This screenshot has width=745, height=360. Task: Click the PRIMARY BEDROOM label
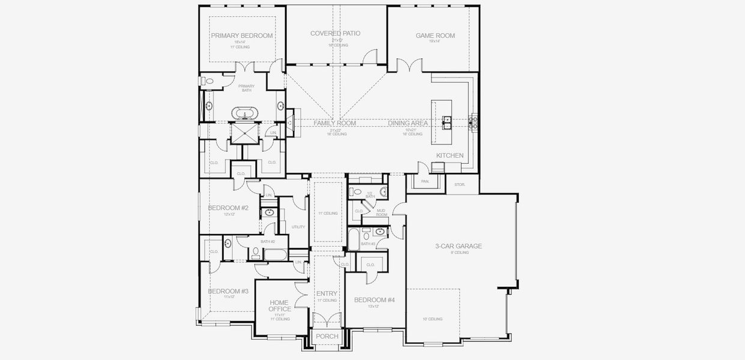pyautogui.click(x=241, y=35)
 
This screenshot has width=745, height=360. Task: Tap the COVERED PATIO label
pyautogui.click(x=335, y=33)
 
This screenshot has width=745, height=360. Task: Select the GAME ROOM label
pyautogui.click(x=435, y=35)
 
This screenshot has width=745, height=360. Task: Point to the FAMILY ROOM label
pyautogui.click(x=334, y=123)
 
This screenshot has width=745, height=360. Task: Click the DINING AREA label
pyautogui.click(x=408, y=123)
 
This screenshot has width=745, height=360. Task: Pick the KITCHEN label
pyautogui.click(x=450, y=155)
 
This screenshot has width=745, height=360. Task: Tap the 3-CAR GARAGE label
pyautogui.click(x=459, y=246)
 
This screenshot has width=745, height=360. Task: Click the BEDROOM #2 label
pyautogui.click(x=228, y=208)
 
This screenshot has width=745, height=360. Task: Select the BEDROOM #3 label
pyautogui.click(x=228, y=291)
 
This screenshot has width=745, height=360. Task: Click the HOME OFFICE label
pyautogui.click(x=280, y=306)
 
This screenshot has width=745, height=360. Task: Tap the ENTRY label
pyautogui.click(x=327, y=293)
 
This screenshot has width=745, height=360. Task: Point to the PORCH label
pyautogui.click(x=327, y=337)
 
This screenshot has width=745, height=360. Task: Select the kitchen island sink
pyautogui.click(x=446, y=122)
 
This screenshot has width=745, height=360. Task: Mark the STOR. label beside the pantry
pyautogui.click(x=460, y=185)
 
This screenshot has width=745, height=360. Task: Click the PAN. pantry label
pyautogui.click(x=424, y=181)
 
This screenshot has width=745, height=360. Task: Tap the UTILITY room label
pyautogui.click(x=298, y=227)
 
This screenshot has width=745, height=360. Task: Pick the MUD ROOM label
pyautogui.click(x=381, y=212)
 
